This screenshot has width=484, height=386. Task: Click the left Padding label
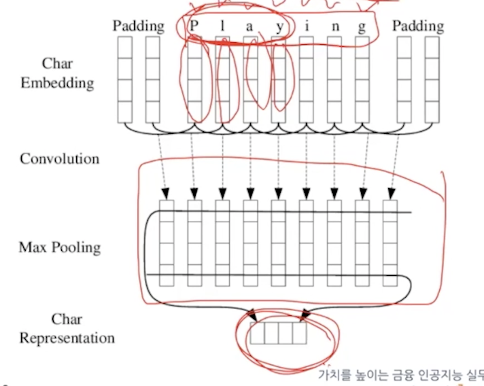tap(139, 27)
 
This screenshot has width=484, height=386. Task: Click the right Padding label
tap(418, 27)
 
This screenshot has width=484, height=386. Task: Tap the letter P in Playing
tap(194, 26)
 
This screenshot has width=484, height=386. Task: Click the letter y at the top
tap(279, 27)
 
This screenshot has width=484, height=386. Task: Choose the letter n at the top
tap(334, 27)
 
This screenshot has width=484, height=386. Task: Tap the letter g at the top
tap(362, 28)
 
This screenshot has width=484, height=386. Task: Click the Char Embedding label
tap(57, 73)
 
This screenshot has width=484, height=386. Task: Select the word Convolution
tap(60, 159)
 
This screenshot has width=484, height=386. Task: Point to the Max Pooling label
tap(60, 246)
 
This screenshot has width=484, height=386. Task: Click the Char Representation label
tap(67, 328)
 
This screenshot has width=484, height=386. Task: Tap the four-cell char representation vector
tap(278, 333)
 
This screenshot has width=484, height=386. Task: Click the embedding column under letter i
tap(307, 80)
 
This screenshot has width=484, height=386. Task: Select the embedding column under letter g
tap(362, 80)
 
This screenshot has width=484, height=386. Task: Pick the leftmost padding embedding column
tap(125, 80)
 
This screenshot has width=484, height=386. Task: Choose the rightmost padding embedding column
tap(432, 80)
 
